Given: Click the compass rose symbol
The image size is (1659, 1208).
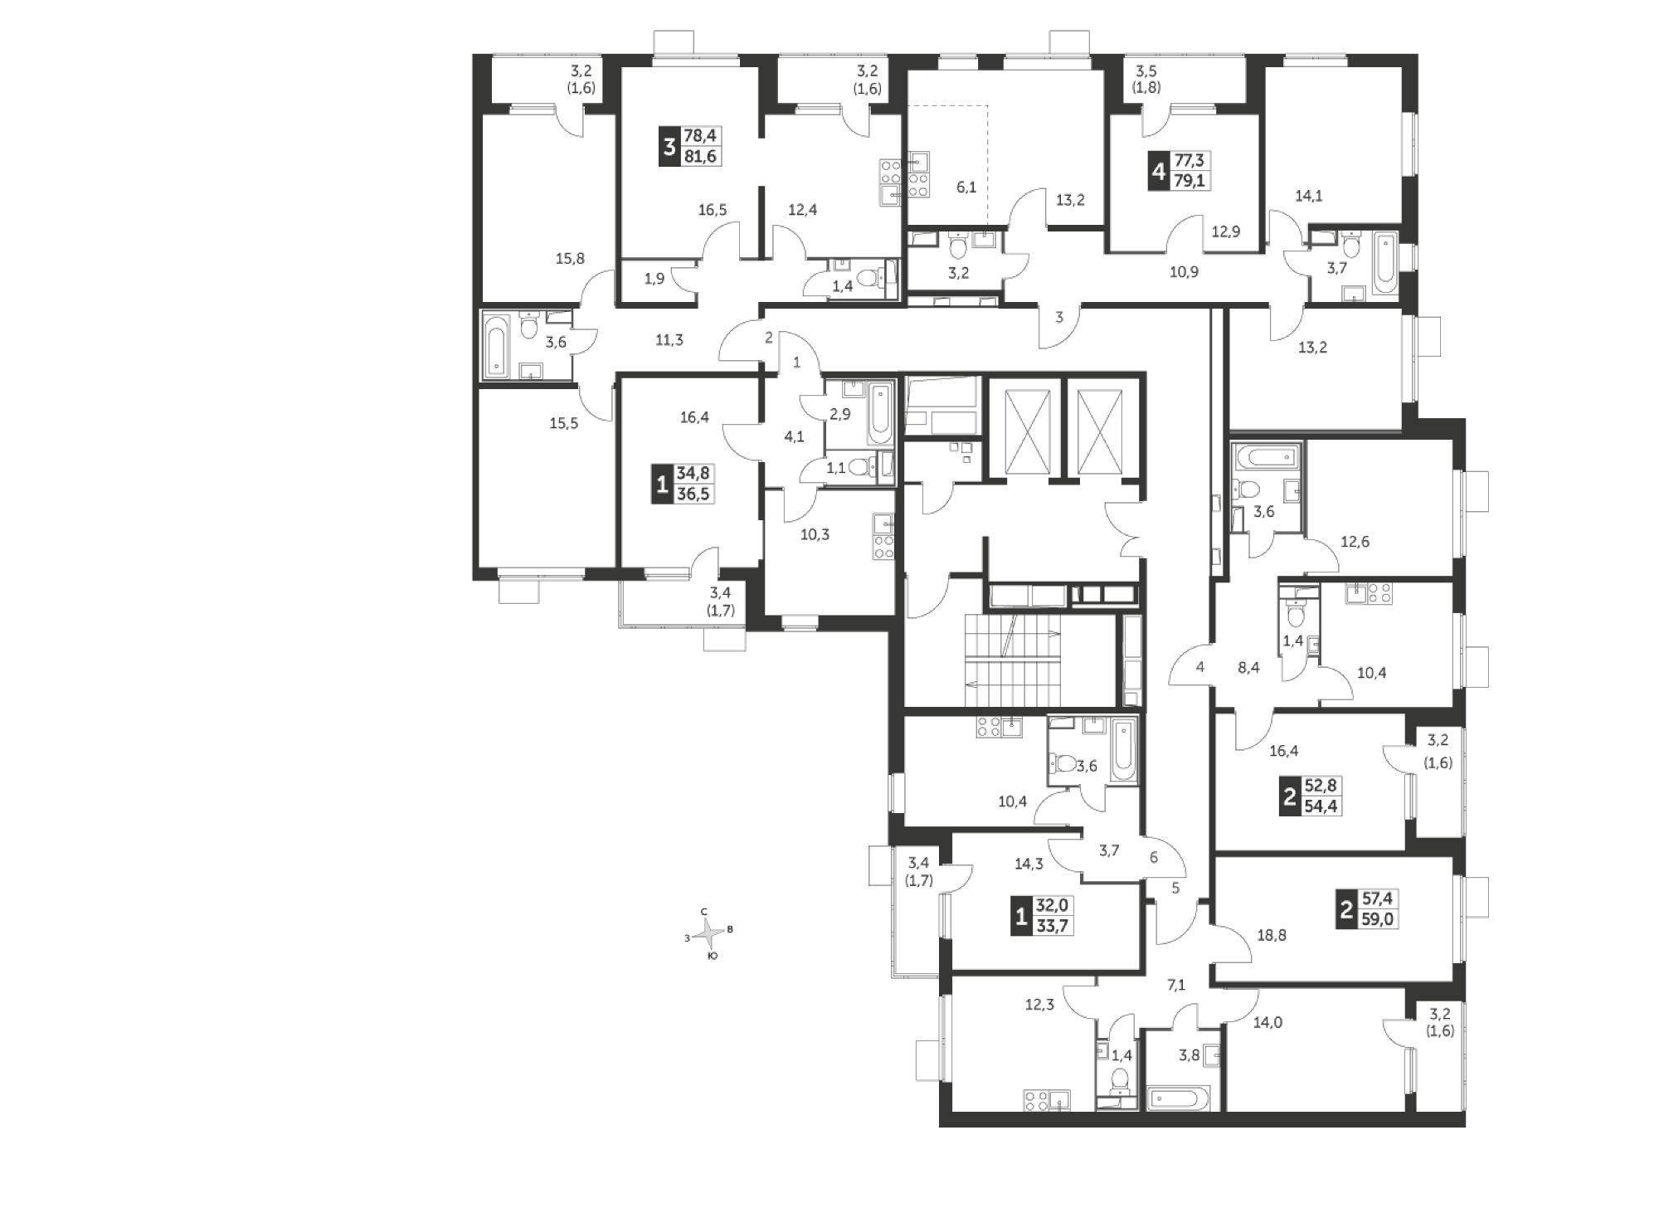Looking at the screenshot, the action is click(709, 934).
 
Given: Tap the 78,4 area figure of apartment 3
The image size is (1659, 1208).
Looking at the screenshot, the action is click(703, 136).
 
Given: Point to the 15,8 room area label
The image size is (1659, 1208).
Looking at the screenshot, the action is click(570, 258).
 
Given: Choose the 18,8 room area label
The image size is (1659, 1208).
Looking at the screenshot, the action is click(1272, 935).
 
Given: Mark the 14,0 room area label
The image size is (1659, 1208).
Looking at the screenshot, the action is click(1267, 1022).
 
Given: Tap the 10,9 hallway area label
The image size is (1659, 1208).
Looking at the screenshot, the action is click(1184, 271).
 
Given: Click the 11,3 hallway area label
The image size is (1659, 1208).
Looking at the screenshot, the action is click(669, 339).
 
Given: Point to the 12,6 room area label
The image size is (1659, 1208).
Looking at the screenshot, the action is click(1355, 543).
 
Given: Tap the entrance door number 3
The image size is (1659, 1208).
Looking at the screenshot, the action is click(1059, 316).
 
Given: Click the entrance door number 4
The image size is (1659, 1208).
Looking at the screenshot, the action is click(1199, 666).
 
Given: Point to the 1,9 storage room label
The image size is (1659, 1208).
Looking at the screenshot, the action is click(654, 279).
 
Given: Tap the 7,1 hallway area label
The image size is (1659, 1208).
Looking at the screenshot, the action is click(1177, 985).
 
